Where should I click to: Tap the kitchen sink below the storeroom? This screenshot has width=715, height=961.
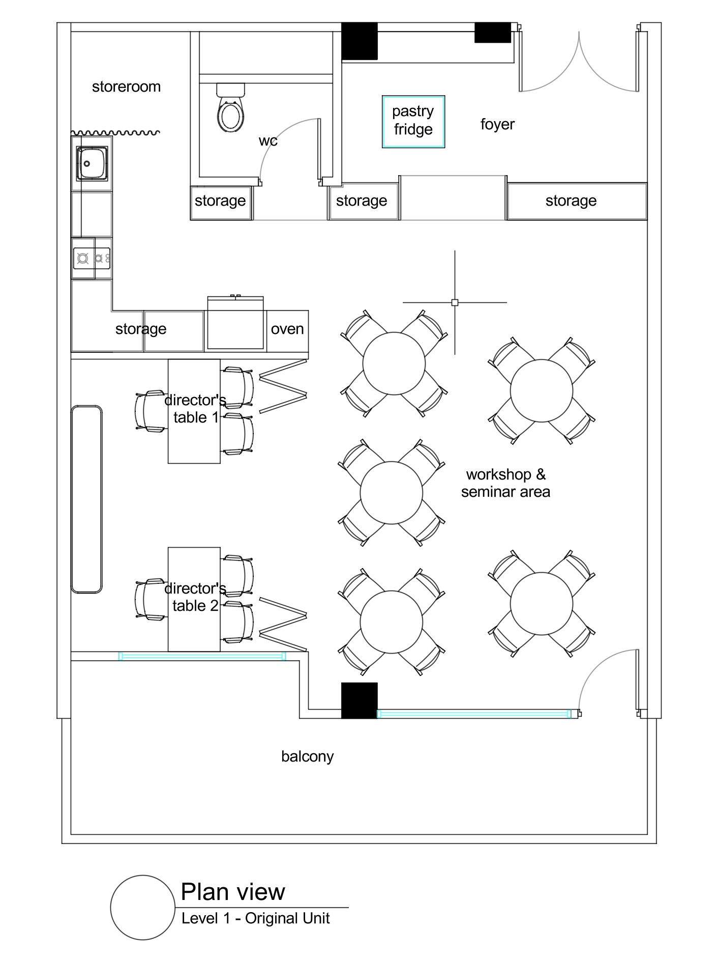click(92, 163)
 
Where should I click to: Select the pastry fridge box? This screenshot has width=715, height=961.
click(413, 122)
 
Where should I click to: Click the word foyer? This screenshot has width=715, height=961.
click(497, 124)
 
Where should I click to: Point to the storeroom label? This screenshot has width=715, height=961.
click(126, 87)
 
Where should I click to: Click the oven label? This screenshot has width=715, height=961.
click(287, 329)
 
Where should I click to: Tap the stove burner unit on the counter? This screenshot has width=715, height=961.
click(92, 258)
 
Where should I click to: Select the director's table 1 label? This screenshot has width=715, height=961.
click(195, 409)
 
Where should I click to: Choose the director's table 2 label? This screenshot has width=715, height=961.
click(195, 597)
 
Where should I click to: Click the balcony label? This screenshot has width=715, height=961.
click(307, 756)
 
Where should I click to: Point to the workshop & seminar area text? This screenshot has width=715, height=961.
click(505, 483)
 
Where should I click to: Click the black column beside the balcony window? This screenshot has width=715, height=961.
click(359, 700)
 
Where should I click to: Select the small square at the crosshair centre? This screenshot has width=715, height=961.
click(455, 302)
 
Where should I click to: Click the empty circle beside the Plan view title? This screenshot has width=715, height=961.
click(143, 907)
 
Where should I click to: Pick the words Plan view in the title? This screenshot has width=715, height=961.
click(233, 892)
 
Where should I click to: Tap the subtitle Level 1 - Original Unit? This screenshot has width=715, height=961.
click(256, 918)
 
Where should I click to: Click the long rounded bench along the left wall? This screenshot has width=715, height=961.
click(86, 499)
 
